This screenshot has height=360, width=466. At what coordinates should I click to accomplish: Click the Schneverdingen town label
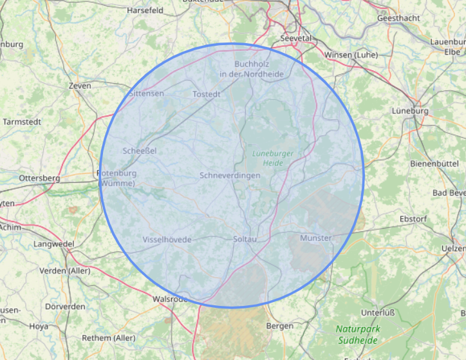230,175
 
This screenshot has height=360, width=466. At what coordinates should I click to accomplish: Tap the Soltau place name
245,240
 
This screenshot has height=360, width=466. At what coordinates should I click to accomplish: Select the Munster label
315,238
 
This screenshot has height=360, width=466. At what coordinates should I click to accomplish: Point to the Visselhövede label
167,240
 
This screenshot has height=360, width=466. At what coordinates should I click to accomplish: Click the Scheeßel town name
139,151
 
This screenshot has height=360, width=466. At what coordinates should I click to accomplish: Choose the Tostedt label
207,94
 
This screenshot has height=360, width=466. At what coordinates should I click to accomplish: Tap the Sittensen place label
147,93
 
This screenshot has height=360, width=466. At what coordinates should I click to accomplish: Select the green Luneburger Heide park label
268,158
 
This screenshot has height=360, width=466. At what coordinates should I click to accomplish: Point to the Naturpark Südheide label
359,334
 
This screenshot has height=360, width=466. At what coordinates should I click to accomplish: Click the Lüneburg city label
410,111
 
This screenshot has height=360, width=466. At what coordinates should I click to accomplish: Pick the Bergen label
280,327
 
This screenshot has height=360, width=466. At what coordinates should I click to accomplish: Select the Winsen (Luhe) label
351,55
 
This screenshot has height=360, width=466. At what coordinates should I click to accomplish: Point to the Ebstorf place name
413,219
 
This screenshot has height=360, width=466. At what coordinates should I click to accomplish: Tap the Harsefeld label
145,11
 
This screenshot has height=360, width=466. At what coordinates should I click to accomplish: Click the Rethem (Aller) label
109,338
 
